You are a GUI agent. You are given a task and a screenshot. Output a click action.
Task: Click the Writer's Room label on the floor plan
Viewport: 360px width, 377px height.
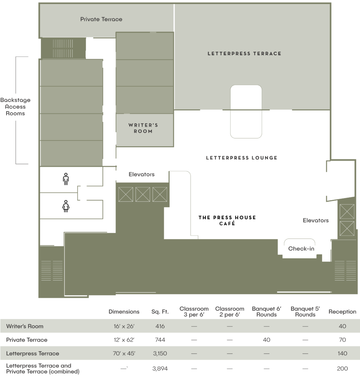coord(143,128)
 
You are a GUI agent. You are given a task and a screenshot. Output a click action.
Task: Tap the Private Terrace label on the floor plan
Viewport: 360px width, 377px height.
coord(101,19)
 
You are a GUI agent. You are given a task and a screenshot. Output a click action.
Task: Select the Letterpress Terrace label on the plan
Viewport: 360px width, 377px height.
coord(244,54)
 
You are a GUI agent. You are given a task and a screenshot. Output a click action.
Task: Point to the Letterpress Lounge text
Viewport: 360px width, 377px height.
coord(242,158)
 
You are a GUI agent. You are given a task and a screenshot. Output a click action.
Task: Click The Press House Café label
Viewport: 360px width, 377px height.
coord(227,221)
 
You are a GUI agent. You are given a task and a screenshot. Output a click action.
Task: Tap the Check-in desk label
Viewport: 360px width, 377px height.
coord(301,249)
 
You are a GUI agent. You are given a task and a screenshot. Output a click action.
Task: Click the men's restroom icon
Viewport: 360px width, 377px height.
coord(66,179)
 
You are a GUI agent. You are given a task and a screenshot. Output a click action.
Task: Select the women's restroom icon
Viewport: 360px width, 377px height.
coord(66,206)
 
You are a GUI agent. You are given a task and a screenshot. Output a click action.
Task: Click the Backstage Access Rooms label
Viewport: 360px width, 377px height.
coord(15,107)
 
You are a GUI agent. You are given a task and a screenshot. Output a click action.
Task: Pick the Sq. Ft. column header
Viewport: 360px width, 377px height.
coord(160,312)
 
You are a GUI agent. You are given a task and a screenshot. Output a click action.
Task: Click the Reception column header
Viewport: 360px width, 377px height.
coord(342,312)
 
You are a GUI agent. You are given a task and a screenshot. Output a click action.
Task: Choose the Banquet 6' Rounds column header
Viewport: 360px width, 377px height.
coord(267,311)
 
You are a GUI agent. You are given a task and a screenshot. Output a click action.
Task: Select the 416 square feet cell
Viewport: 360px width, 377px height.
coord(160,326)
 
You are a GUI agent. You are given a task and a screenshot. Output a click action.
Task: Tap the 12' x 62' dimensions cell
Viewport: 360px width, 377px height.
coord(124,340)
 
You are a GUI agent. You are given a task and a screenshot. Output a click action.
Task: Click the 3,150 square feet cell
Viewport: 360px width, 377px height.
coord(160,353)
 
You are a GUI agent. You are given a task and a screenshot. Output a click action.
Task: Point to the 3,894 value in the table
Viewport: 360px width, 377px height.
coord(160,369)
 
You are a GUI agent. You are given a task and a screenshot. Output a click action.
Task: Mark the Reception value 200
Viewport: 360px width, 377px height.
coord(342,369)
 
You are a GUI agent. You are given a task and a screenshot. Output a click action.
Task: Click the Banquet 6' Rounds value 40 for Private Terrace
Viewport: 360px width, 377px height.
coord(267,340)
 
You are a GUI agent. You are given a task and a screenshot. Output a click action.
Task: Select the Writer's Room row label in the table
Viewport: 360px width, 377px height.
coord(25,326)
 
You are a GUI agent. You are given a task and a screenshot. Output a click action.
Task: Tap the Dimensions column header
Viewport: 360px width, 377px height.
coord(124,312)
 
